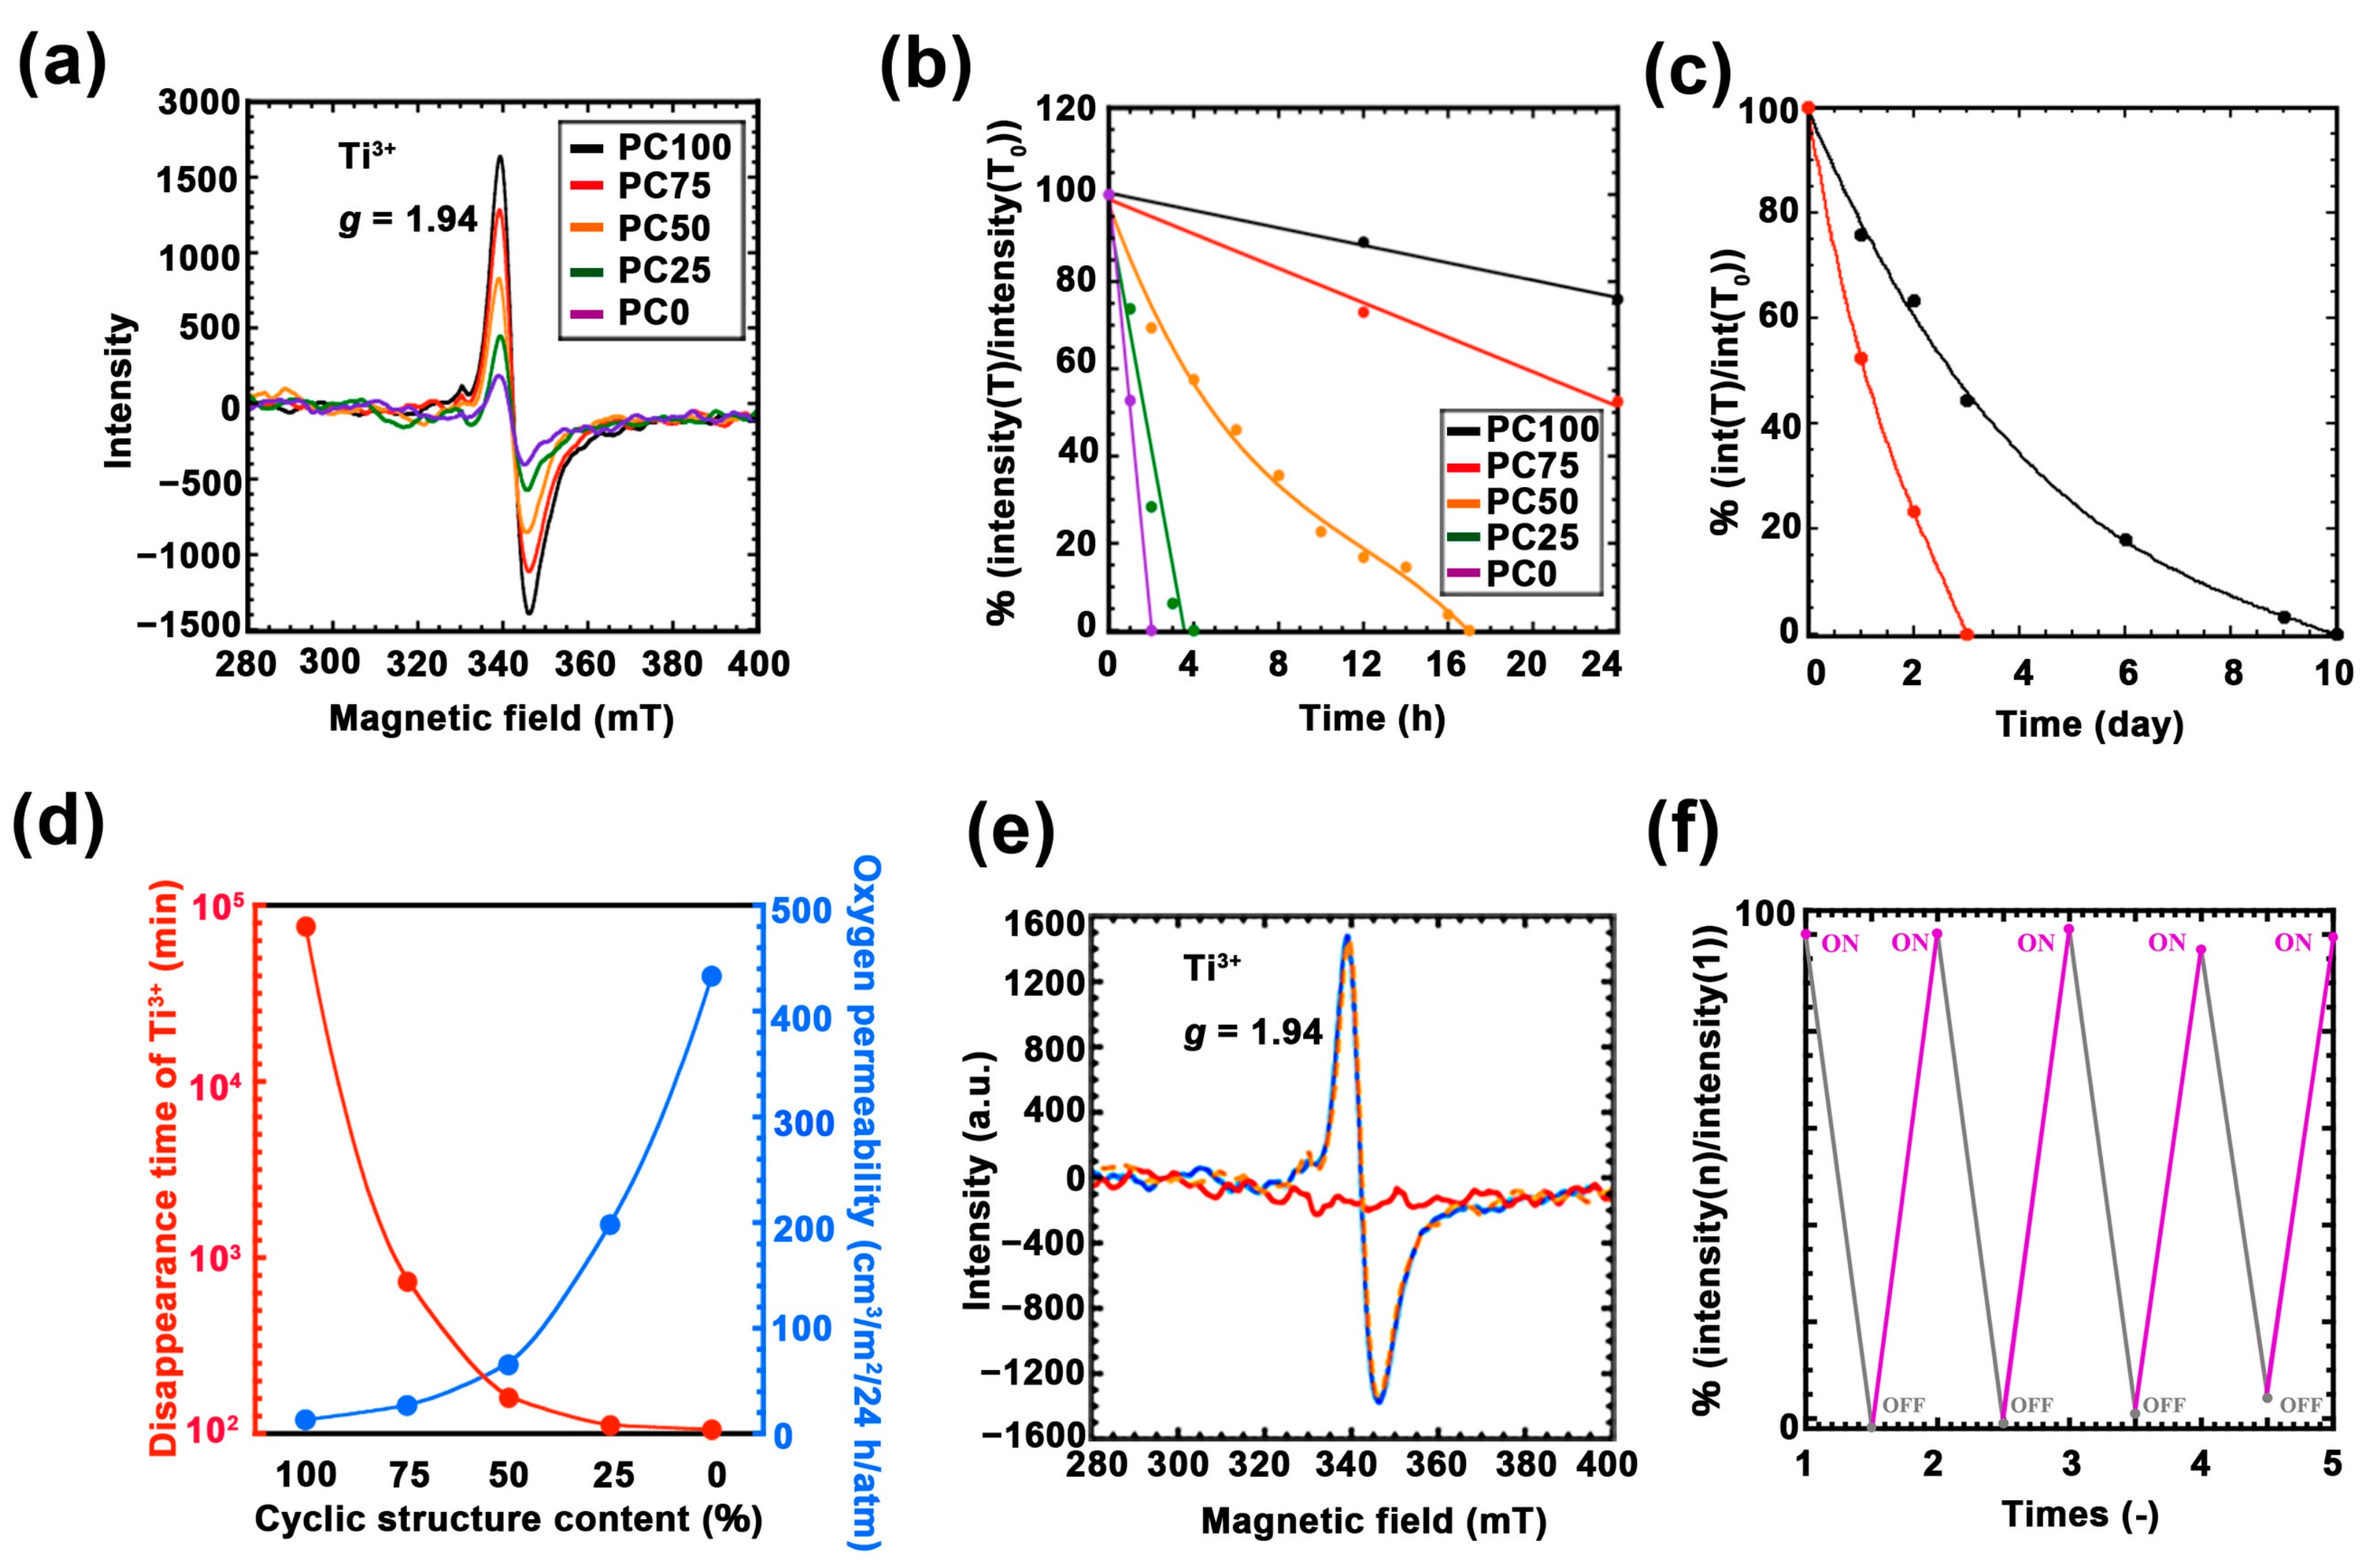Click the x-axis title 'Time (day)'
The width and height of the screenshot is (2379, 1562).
pyautogui.click(x=2089, y=723)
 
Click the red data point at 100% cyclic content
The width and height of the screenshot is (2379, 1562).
pyautogui.click(x=306, y=927)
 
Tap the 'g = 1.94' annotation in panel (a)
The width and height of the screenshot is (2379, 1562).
pyautogui.click(x=408, y=220)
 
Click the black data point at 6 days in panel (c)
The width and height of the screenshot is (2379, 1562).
pyautogui.click(x=2126, y=539)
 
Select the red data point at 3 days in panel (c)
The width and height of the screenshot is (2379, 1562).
pyautogui.click(x=1966, y=634)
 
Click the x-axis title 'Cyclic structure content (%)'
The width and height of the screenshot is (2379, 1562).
pyautogui.click(x=508, y=1518)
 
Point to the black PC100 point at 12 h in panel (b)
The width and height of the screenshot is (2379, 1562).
pyautogui.click(x=1364, y=242)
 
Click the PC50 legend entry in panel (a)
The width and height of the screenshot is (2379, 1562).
pyautogui.click(x=663, y=228)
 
